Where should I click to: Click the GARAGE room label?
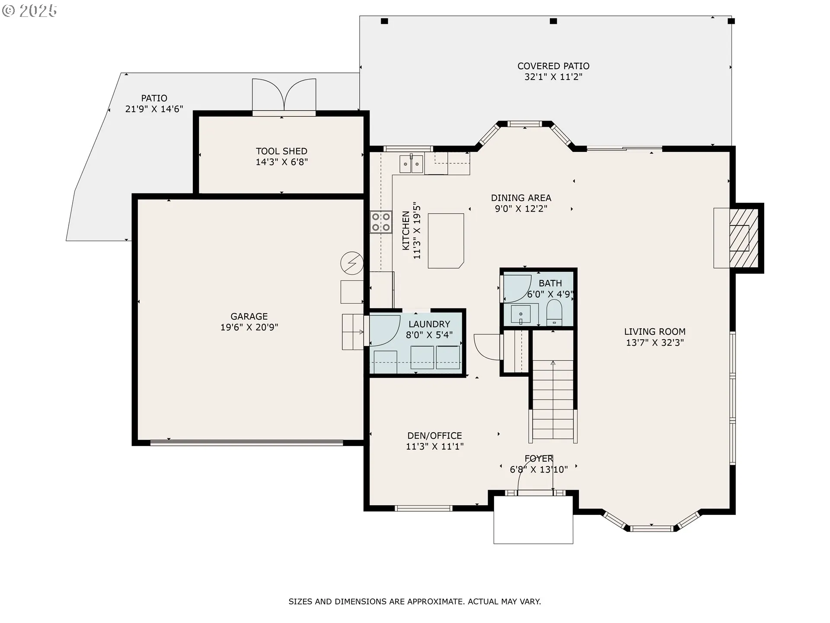coord(249,317)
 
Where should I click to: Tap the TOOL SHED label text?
coord(281,151)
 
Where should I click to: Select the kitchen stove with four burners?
coord(381,222)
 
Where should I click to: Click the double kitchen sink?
coord(411,164)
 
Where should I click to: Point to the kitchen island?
coord(446,241)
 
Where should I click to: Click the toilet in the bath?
coord(554,312)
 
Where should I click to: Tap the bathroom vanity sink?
coord(521,314)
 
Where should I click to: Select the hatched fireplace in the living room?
coord(744,238)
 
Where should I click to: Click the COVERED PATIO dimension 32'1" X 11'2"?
coord(553,77)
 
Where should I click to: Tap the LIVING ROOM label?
coord(654,332)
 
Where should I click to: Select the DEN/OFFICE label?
coord(434,436)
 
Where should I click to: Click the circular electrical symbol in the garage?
coord(352,263)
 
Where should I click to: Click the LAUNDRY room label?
coord(429,324)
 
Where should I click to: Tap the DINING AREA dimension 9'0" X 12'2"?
coord(521,209)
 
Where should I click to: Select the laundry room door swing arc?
coord(385,331)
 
